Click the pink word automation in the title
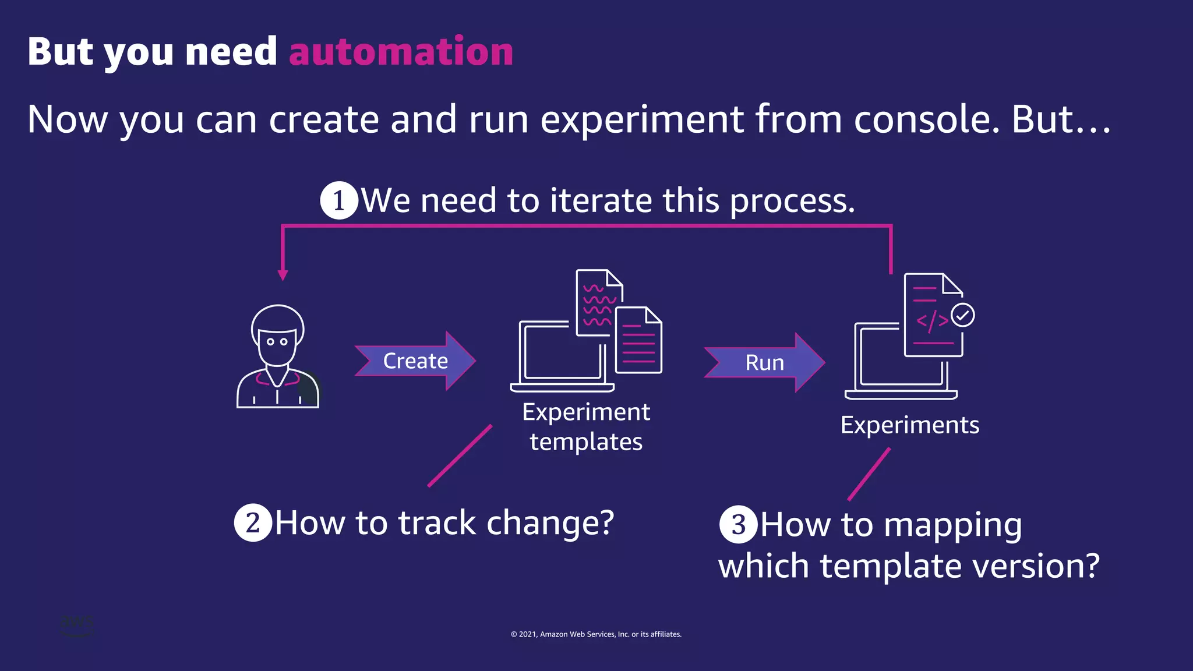[401, 52]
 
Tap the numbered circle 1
[339, 201]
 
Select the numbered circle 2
[253, 522]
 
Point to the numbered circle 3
[738, 524]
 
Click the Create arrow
[415, 361]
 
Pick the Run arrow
[764, 363]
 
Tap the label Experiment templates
[586, 427]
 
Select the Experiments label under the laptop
[909, 425]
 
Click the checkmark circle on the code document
[962, 315]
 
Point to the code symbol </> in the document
[932, 321]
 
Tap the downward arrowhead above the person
[283, 275]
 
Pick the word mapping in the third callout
[952, 525]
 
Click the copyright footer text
[596, 634]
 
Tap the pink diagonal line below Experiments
[869, 474]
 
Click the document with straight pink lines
[639, 341]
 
